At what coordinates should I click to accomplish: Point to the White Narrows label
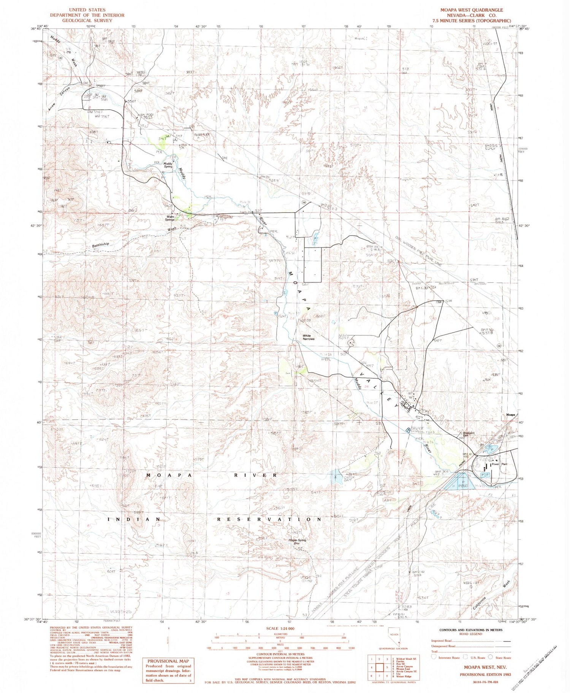308,337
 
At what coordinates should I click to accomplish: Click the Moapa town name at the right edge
510,415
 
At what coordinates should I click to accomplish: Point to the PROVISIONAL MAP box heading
166,661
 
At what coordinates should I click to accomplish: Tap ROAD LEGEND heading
472,634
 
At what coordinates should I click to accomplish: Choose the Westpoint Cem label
469,435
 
